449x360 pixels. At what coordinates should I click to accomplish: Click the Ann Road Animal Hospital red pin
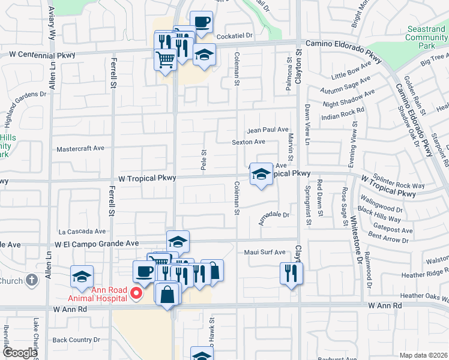136,293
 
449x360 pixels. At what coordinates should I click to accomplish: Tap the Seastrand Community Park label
427,37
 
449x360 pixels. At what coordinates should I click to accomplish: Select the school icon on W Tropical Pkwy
261,175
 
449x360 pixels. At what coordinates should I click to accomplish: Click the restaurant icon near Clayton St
291,273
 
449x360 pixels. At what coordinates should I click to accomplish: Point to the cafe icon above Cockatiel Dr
202,22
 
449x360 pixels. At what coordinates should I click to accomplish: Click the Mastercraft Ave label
80,148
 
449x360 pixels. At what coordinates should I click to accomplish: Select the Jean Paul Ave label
268,130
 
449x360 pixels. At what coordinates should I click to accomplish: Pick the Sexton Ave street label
249,142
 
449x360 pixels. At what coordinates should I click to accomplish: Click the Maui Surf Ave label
265,252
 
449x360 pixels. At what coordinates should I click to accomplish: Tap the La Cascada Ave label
82,231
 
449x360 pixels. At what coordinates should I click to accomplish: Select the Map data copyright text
423,355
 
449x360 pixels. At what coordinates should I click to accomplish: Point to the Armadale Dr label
274,214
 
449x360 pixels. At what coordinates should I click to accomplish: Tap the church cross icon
32,280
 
